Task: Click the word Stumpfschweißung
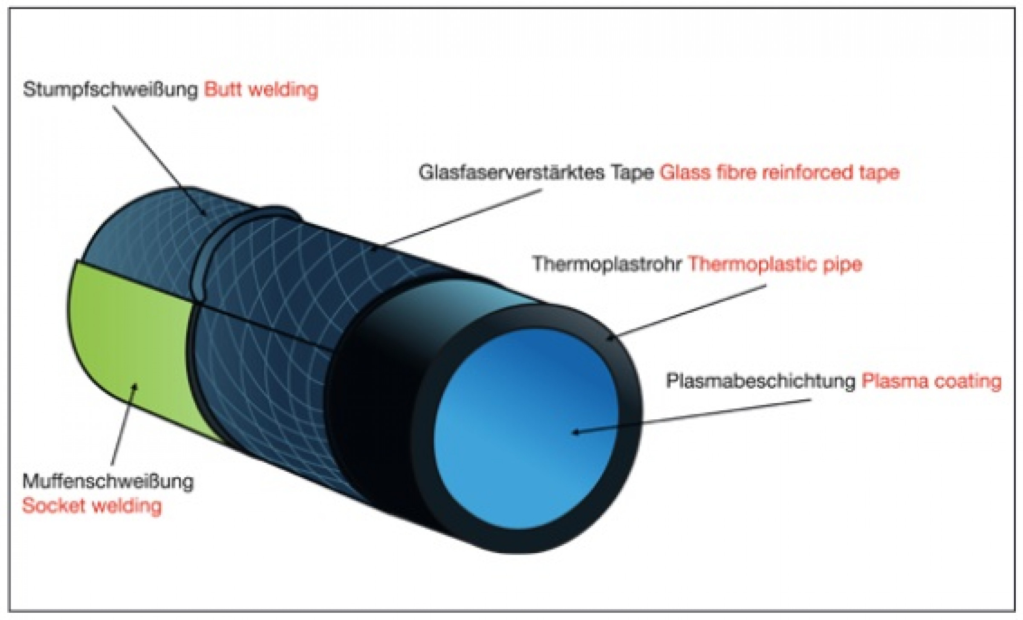110,90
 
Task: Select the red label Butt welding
261,90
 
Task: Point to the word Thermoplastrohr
607,264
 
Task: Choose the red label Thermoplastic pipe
775,264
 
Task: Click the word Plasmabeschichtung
760,381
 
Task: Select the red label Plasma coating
931,381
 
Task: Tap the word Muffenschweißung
108,482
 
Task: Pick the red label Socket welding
92,506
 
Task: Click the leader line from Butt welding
158,158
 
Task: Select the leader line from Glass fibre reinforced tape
460,217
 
